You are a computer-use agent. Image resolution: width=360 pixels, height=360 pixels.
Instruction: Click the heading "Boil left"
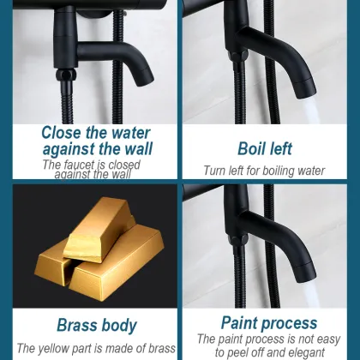pos(265,148)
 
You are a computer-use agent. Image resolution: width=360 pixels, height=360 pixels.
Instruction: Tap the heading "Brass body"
pos(97,325)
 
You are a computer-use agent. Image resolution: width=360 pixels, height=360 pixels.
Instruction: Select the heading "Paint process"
pos(269,323)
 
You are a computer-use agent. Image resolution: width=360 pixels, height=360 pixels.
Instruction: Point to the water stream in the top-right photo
pos(310,111)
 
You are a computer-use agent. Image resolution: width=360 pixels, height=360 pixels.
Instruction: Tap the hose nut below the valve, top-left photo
pos(66,75)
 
